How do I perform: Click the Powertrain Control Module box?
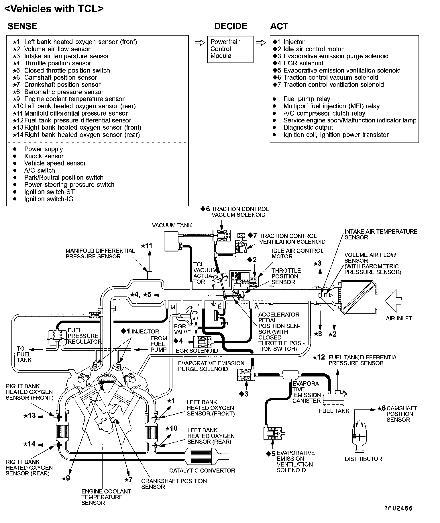pos(230,49)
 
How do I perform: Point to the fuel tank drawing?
pos(334,398)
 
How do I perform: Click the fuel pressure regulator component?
pos(56,336)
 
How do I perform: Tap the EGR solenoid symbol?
pos(203,342)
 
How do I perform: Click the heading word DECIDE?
pos(231,26)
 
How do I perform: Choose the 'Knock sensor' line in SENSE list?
pos(44,156)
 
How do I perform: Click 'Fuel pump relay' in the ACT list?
pos(307,99)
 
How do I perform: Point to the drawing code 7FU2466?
pos(398,508)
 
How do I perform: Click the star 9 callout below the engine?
pos(66,478)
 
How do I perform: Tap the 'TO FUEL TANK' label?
pos(24,354)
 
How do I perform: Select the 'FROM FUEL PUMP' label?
pos(158,344)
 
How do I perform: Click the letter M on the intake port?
pos(172,308)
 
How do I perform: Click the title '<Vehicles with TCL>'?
pos(54,9)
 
